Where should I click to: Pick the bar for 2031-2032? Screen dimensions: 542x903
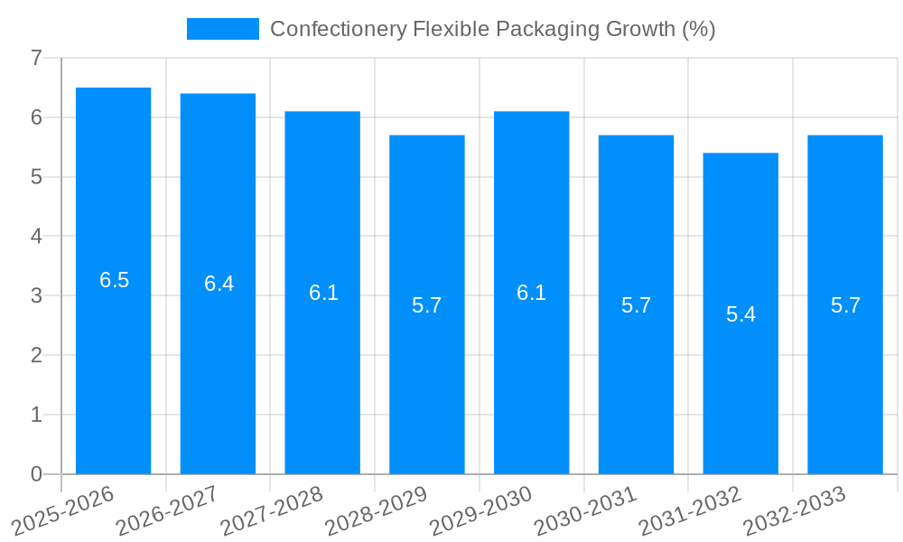click(740, 379)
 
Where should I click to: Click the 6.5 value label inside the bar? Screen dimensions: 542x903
click(114, 280)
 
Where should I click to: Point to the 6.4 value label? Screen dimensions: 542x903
click(219, 284)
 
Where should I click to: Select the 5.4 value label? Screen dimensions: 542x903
click(740, 314)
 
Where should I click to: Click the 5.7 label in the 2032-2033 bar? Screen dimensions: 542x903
click(845, 305)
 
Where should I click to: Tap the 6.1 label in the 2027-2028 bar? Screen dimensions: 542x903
click(323, 293)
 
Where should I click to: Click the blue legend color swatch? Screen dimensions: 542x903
click(222, 29)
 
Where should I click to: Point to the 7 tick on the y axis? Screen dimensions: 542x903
click(36, 58)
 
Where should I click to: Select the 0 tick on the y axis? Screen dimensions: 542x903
click(36, 474)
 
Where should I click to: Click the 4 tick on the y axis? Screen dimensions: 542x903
click(36, 237)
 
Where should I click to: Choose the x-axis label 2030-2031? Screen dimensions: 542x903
click(585, 510)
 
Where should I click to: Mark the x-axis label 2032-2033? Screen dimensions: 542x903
click(794, 510)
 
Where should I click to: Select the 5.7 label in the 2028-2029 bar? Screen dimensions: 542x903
click(426, 305)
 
